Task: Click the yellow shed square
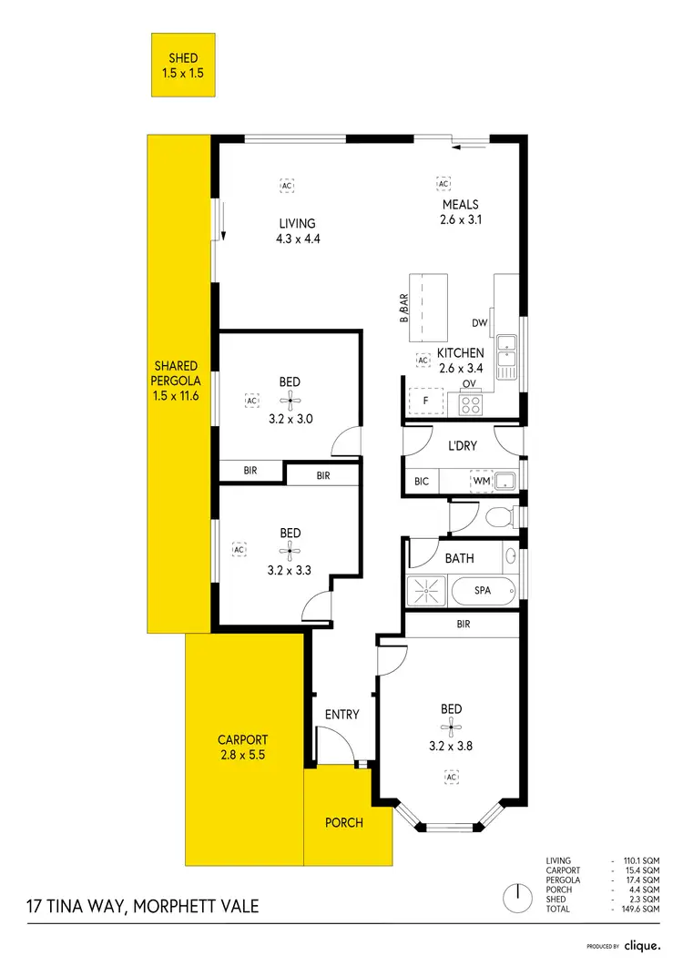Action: click(x=182, y=65)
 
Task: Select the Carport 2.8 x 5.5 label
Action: click(x=242, y=747)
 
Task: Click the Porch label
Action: click(x=344, y=822)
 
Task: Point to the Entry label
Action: click(x=341, y=715)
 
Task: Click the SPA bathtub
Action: click(x=483, y=590)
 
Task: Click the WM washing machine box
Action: click(x=480, y=480)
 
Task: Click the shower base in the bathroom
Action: click(x=427, y=590)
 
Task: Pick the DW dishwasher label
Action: click(x=480, y=323)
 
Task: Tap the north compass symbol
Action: click(x=517, y=894)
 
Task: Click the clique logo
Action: click(x=643, y=946)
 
